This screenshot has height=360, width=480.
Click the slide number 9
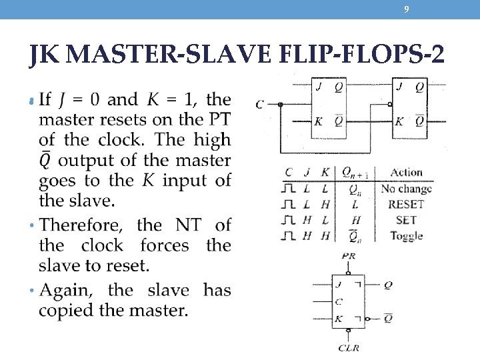[407, 9]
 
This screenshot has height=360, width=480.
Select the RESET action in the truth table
[405, 205]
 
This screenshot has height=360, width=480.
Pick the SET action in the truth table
[405, 220]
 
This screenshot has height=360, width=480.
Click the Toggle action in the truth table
[406, 235]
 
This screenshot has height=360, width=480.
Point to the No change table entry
[406, 189]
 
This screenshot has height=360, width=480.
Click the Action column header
[406, 173]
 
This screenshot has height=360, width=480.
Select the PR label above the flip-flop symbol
[348, 257]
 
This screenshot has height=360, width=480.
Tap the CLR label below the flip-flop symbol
[349, 347]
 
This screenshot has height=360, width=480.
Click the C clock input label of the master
[259, 104]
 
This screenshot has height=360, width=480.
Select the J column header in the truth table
[308, 173]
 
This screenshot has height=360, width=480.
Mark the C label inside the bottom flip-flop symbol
[339, 301]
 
